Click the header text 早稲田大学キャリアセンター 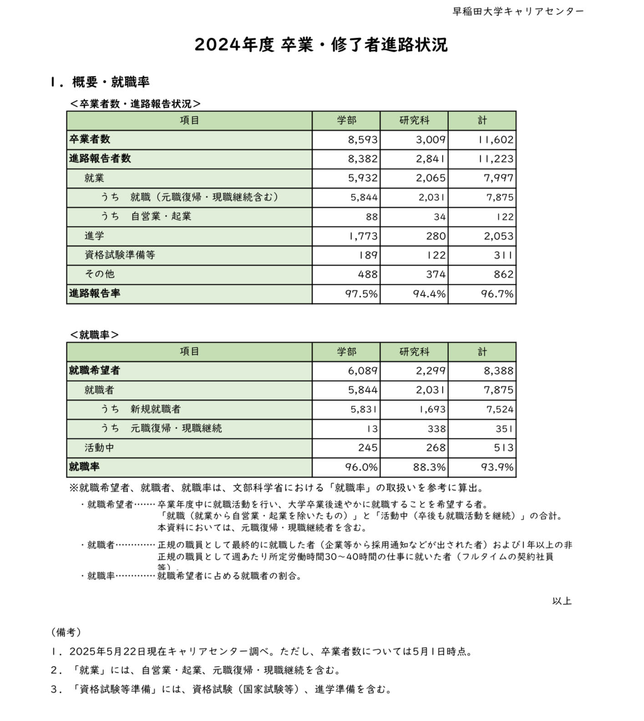[517, 11]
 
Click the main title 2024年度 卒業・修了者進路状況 [321, 45]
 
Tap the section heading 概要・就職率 [111, 82]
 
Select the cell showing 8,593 [363, 140]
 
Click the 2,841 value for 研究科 [430, 159]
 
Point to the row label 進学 [94, 236]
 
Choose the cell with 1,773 [363, 236]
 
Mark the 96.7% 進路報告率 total [497, 294]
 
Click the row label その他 [99, 274]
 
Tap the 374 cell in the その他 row [436, 274]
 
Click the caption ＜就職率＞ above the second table [94, 335]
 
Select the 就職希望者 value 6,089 [363, 371]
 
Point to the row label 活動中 [99, 448]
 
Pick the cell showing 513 [503, 448]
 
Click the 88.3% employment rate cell [429, 467]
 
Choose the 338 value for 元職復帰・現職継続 [436, 429]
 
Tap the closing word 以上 [562, 601]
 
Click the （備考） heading [66, 632]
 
